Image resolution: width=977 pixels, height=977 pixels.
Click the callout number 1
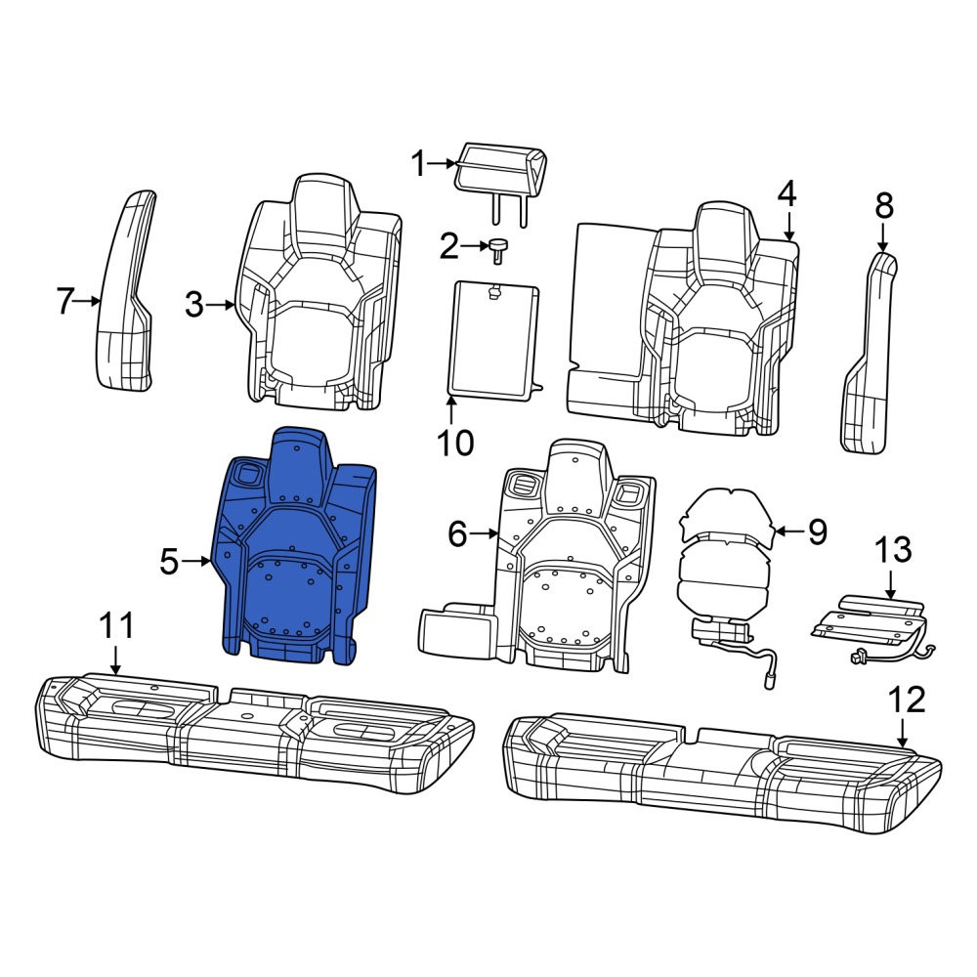click(419, 164)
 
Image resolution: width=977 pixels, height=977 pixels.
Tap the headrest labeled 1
click(501, 178)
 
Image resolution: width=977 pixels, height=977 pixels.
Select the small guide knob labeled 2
click(498, 250)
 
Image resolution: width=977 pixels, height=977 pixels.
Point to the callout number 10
click(455, 444)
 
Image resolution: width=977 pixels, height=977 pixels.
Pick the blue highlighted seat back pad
click(294, 545)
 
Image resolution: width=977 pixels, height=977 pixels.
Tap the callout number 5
click(169, 562)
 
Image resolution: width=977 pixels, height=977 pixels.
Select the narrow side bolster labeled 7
click(125, 291)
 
